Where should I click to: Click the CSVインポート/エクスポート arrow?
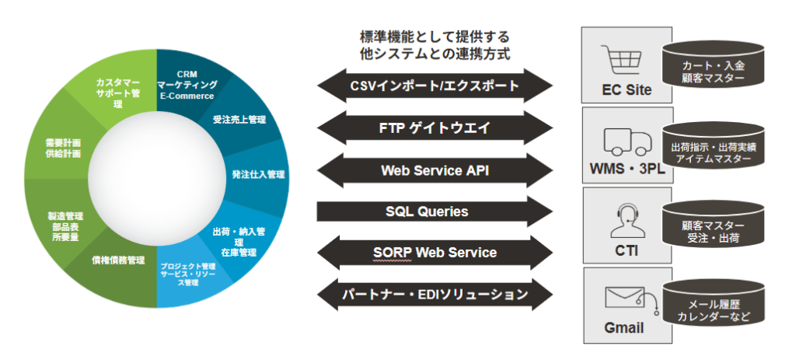[x=435, y=85]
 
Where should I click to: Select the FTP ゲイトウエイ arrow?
[x=435, y=128]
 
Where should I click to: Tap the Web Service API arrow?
[x=435, y=170]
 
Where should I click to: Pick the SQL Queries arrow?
[x=435, y=211]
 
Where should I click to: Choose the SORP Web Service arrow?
[x=435, y=253]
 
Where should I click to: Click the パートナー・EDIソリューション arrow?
[x=435, y=295]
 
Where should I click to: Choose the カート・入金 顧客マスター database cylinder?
[x=713, y=70]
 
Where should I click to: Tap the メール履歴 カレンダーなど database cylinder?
[x=713, y=310]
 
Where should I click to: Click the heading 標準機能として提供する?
[x=435, y=37]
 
